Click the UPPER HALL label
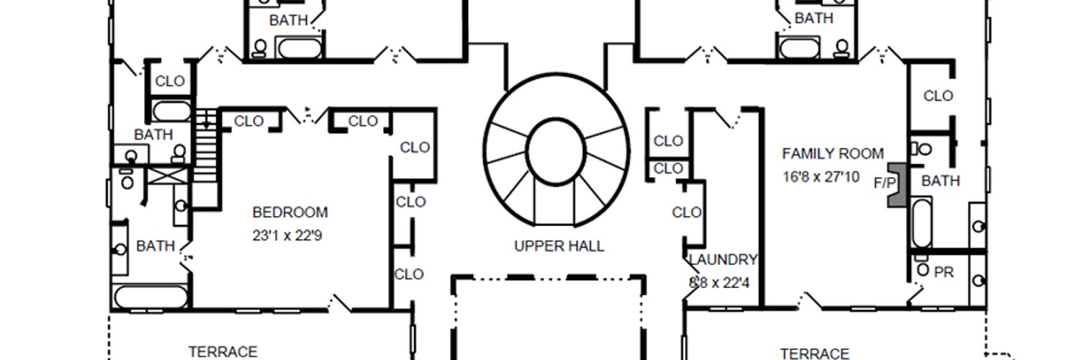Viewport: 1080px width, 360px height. [559, 246]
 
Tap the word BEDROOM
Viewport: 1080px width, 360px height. [290, 212]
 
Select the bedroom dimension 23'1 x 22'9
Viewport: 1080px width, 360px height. [287, 235]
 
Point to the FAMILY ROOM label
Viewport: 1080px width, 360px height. [832, 154]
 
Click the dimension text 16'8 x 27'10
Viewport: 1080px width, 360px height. [821, 177]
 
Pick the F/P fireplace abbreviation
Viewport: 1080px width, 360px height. [885, 183]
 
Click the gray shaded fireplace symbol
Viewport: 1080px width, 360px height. [897, 185]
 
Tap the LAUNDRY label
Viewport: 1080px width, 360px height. [723, 260]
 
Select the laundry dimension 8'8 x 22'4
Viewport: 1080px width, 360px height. [719, 282]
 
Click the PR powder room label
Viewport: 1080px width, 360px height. [943, 272]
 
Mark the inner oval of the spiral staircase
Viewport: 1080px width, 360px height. [555, 151]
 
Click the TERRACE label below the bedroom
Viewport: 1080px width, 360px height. [222, 352]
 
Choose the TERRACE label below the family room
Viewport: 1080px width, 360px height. [814, 354]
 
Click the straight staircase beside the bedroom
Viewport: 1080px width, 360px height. [207, 145]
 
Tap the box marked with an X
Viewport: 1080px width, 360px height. [167, 176]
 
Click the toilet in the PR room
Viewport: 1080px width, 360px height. [923, 269]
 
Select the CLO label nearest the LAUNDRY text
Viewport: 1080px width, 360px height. [687, 212]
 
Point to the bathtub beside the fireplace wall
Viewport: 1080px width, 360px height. [922, 222]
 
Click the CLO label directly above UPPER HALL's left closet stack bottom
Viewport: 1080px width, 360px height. [411, 202]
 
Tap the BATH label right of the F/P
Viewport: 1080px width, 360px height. [940, 181]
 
